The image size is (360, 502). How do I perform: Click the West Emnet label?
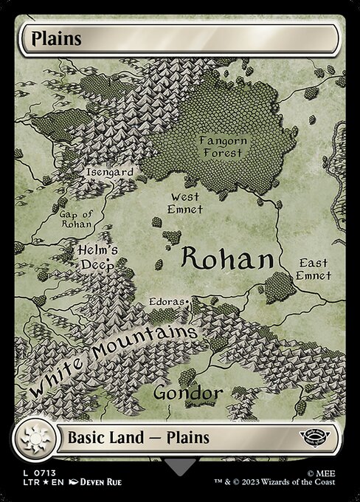(x=186, y=203)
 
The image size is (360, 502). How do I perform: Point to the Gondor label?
(x=188, y=393)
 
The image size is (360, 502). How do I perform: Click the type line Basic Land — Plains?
(x=139, y=438)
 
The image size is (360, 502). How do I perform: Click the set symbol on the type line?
(x=322, y=437)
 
